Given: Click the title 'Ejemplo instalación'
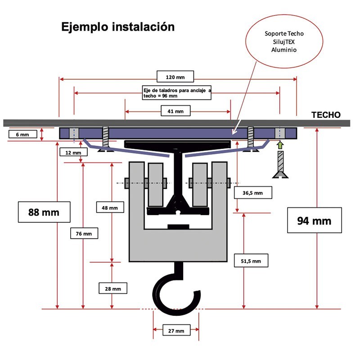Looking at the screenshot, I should (x=117, y=27).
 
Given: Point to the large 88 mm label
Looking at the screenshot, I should (x=44, y=212).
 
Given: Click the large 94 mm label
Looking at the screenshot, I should (x=314, y=220).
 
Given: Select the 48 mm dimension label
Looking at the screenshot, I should (x=110, y=207).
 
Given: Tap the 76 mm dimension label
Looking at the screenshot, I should (x=84, y=233).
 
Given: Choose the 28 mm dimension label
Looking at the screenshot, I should (x=112, y=288).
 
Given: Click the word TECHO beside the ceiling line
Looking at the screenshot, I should (x=326, y=115).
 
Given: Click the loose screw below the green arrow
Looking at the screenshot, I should (x=280, y=165).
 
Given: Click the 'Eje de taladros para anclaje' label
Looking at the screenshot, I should (x=178, y=93).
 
